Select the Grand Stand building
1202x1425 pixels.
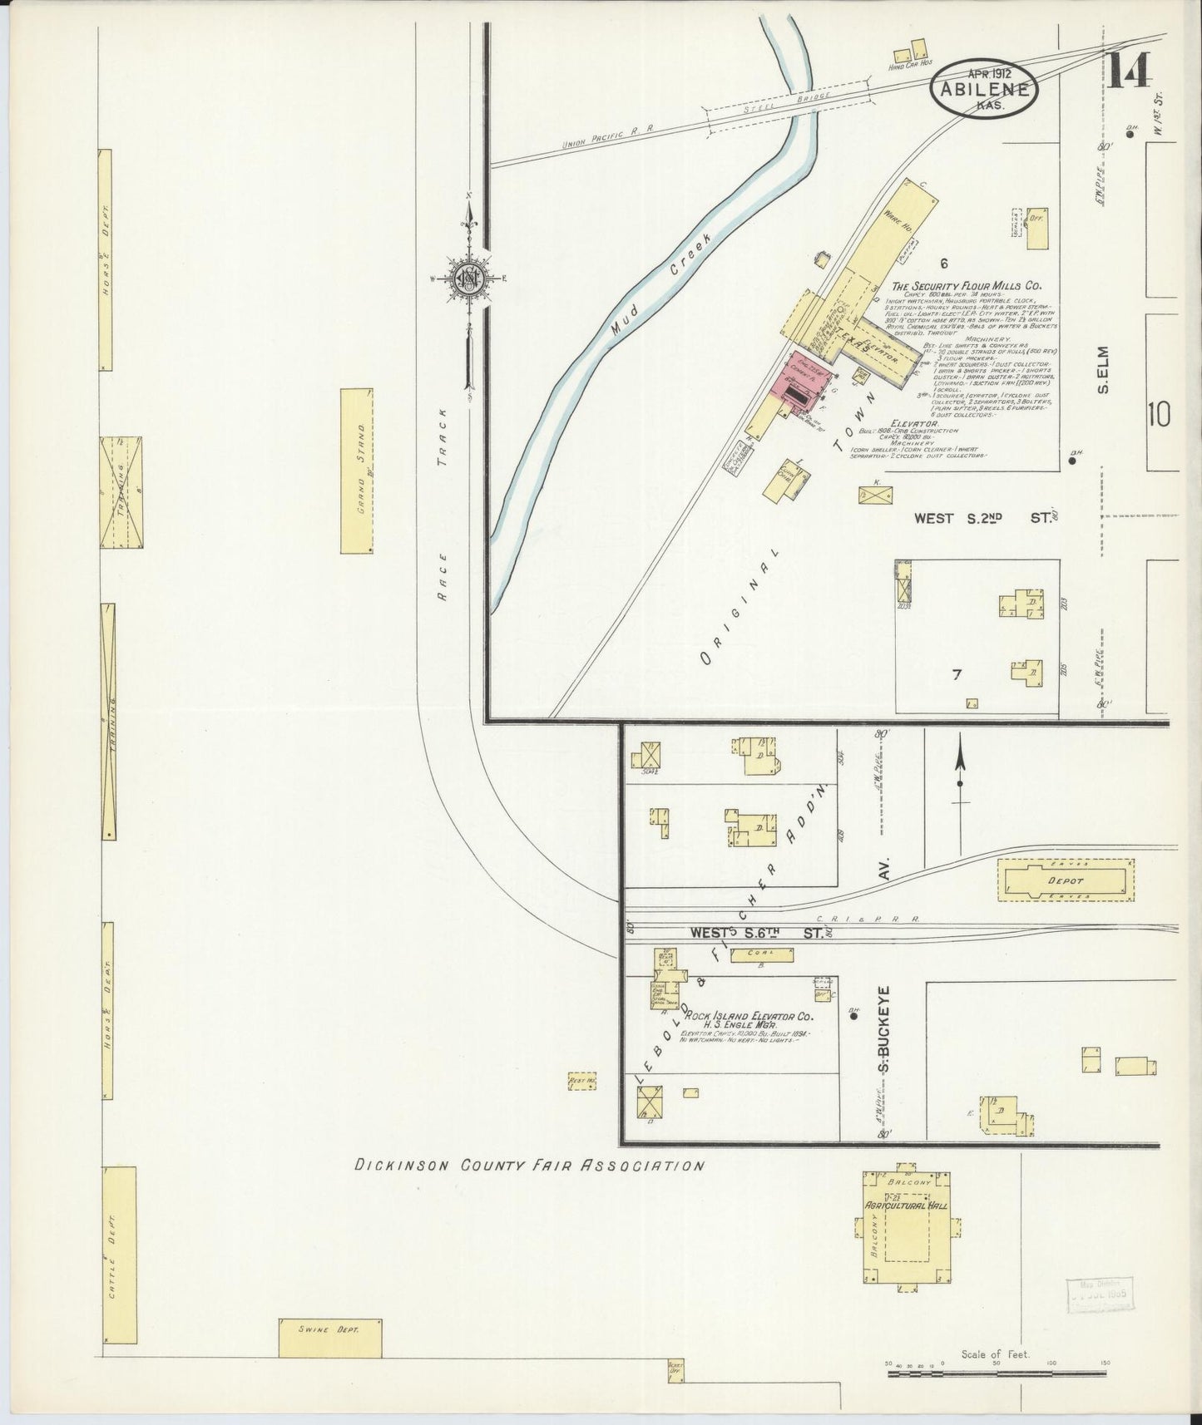tap(357, 470)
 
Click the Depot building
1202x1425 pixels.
tap(1066, 880)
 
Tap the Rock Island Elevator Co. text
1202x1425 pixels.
tap(748, 1016)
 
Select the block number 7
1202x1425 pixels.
tap(957, 675)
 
